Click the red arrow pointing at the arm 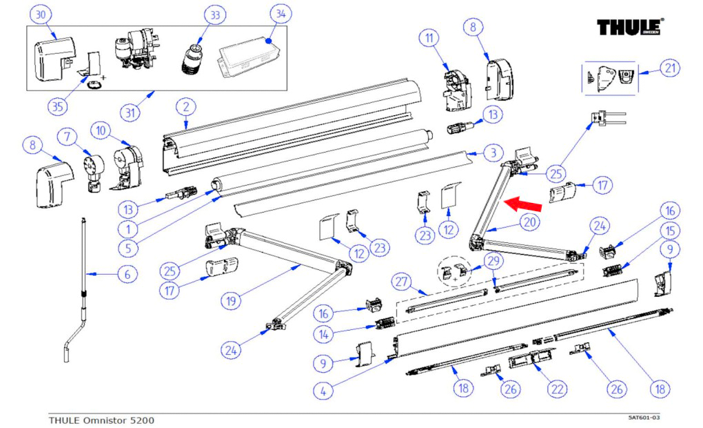click(522, 203)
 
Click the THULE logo click(630, 28)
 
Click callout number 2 click(186, 107)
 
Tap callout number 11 click(431, 37)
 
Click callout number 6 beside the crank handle click(127, 274)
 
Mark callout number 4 click(323, 389)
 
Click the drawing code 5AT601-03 click(644, 418)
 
